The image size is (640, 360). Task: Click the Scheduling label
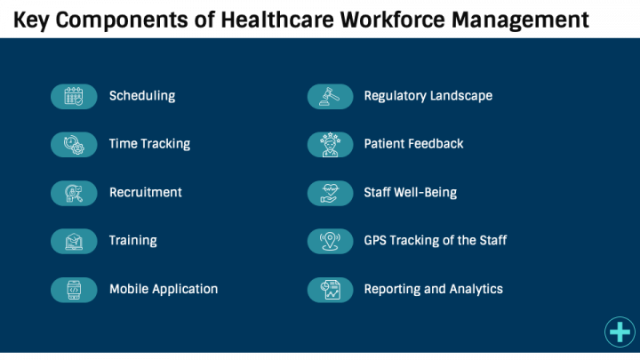[x=142, y=96]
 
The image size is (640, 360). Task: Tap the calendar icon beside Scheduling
[x=74, y=96]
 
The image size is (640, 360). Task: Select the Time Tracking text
[x=149, y=144]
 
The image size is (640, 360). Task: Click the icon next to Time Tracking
[x=74, y=144]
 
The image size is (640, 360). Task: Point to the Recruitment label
[x=146, y=192]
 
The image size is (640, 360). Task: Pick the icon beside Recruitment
[x=74, y=192]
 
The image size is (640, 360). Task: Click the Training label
[x=133, y=241]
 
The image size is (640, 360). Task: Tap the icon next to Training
[x=74, y=241]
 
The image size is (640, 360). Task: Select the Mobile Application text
[x=164, y=289]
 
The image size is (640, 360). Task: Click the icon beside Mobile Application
[x=74, y=289]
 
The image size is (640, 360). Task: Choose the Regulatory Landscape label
[x=428, y=96]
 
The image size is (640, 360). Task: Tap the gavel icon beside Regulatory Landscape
[x=330, y=96]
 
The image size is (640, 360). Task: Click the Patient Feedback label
[x=413, y=144]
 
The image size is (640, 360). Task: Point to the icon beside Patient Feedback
[x=330, y=144]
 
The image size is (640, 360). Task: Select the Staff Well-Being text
[x=411, y=192]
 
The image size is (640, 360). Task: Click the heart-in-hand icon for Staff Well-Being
[x=330, y=192]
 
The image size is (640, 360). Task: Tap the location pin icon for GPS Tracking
[x=330, y=241]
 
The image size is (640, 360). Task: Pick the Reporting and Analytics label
[x=434, y=289]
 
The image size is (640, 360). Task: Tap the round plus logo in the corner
[x=620, y=332]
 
